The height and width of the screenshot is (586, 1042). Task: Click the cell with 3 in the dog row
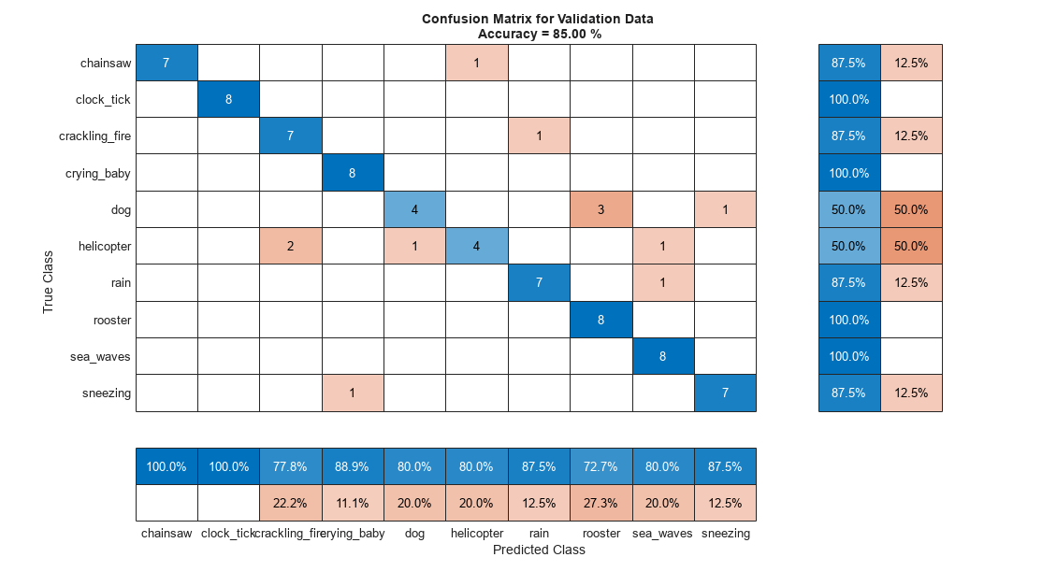click(x=601, y=209)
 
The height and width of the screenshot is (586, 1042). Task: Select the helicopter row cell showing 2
click(x=291, y=246)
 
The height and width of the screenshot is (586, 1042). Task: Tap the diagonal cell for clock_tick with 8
click(x=228, y=99)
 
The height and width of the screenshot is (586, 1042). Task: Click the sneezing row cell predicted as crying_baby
click(x=353, y=393)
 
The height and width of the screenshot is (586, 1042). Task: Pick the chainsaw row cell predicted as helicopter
click(x=476, y=63)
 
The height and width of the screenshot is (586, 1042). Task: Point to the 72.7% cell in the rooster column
click(x=601, y=466)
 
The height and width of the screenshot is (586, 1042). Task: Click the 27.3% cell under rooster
click(x=601, y=503)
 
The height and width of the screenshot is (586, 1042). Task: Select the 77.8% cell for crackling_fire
click(x=291, y=466)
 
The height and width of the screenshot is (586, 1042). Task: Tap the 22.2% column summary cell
click(x=291, y=503)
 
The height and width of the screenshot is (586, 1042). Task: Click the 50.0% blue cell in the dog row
click(x=849, y=209)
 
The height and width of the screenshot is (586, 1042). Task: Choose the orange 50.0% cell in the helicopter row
click(x=911, y=246)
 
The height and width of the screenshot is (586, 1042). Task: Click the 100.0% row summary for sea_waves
click(x=849, y=356)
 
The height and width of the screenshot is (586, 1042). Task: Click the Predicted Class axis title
click(x=539, y=550)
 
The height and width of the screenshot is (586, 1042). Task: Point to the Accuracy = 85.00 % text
click(x=539, y=33)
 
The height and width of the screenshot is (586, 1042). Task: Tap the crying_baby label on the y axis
click(x=98, y=173)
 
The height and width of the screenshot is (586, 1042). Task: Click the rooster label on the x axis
click(x=601, y=534)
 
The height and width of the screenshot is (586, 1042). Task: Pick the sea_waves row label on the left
click(x=99, y=356)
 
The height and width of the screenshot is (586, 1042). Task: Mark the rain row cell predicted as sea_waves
click(x=662, y=282)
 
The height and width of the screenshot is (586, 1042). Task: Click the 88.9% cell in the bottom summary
click(x=353, y=466)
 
